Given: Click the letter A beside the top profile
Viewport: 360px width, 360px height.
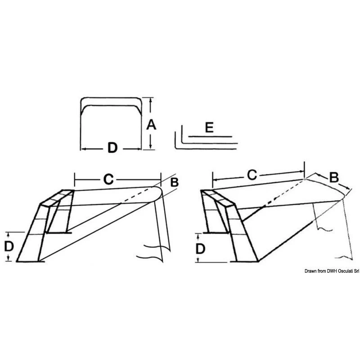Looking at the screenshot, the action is tap(151, 125).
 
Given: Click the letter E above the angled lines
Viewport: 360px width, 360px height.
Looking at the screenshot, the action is tap(209, 127).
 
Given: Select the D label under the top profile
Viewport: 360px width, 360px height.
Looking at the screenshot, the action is tap(112, 148).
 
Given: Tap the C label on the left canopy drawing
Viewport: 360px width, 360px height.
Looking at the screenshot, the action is tap(108, 179).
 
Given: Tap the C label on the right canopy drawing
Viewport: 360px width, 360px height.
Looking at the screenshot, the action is tap(252, 175).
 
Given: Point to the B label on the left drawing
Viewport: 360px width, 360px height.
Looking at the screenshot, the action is tap(175, 182).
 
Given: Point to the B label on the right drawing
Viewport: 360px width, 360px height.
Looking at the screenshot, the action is tap(334, 177).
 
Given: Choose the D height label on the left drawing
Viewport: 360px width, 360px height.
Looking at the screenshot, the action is tap(9, 247).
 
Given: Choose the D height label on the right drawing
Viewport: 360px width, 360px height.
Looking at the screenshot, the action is tap(200, 249).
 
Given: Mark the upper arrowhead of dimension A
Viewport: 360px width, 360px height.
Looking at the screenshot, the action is tap(151, 99).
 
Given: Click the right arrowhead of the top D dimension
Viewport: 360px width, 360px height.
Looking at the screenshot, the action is tap(139, 149).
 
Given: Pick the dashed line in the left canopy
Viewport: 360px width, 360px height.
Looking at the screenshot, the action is tap(136, 195).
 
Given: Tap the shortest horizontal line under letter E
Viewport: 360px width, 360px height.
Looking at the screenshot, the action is tap(210, 137).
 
